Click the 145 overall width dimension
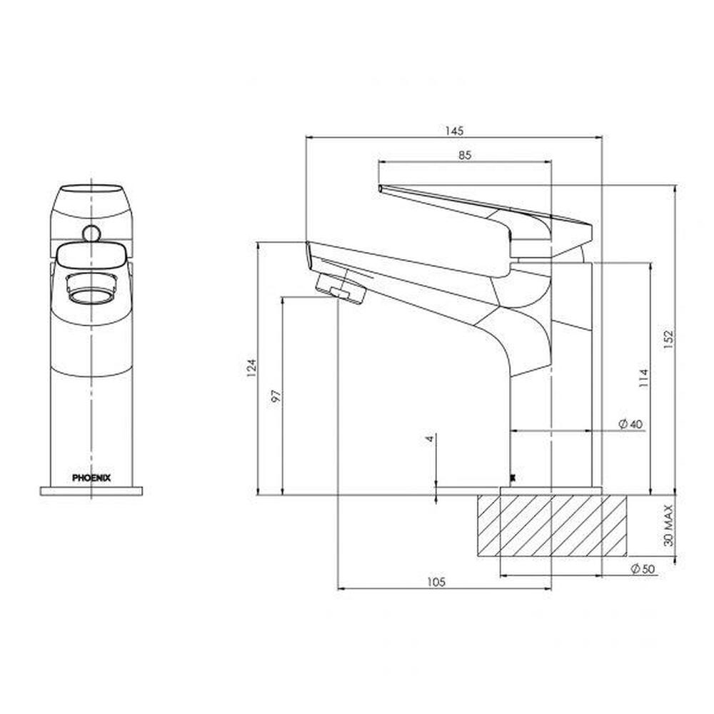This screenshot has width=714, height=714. pyautogui.click(x=454, y=131)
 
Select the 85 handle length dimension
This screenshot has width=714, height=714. pyautogui.click(x=465, y=156)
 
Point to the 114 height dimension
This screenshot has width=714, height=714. pyautogui.click(x=643, y=377)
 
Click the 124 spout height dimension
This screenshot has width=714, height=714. pyautogui.click(x=251, y=368)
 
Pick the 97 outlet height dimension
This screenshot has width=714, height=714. pyautogui.click(x=277, y=395)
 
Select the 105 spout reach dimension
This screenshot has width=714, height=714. pyautogui.click(x=436, y=582)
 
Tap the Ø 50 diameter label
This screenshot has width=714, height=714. pyautogui.click(x=643, y=568)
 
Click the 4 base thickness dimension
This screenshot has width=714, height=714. pyautogui.click(x=430, y=438)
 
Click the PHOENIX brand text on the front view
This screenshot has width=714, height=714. pyautogui.click(x=91, y=478)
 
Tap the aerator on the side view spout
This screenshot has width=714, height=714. pyautogui.click(x=340, y=289)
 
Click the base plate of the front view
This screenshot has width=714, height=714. pyautogui.click(x=91, y=491)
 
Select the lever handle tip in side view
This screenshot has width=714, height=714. pyautogui.click(x=381, y=188)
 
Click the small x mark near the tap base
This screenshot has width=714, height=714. pyautogui.click(x=511, y=478)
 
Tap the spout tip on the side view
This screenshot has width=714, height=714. pyautogui.click(x=309, y=253)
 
